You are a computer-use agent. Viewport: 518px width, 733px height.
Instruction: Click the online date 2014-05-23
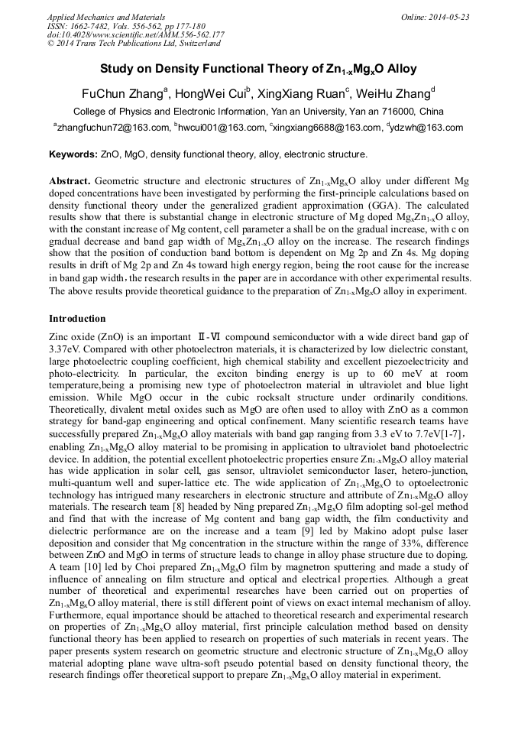447,17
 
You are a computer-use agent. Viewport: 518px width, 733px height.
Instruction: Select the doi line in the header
135,34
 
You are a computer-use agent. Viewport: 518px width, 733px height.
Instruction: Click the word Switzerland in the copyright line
191,44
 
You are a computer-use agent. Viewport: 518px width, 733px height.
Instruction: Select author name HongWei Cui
209,94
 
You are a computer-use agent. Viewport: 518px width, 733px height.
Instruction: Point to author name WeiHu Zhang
392,94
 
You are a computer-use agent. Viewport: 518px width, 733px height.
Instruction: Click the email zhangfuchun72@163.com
112,128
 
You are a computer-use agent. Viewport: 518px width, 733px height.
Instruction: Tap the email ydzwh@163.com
427,128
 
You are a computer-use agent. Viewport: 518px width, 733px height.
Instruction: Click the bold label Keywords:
73,154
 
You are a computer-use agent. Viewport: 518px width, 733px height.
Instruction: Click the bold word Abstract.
70,181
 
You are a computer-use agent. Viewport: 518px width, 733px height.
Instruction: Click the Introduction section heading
78,319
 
